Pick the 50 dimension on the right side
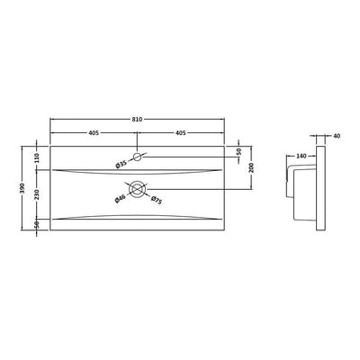239,151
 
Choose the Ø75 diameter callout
156,199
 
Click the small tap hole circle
138,158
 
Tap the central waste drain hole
138,189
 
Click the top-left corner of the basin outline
49,144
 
